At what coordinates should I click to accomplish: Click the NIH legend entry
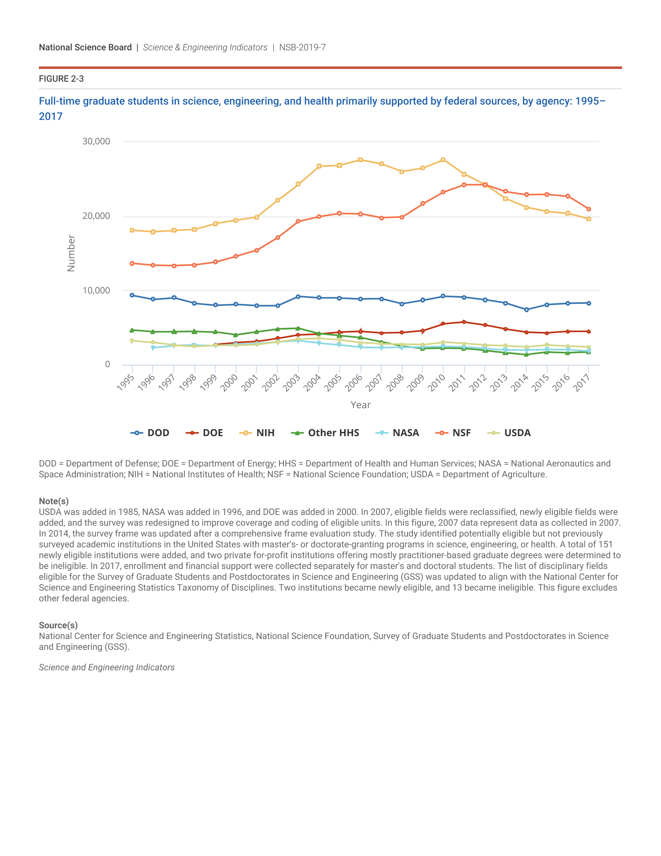(257, 433)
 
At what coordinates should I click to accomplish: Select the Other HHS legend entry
(325, 433)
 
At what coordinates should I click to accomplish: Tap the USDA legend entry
(509, 433)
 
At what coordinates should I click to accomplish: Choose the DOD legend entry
(150, 433)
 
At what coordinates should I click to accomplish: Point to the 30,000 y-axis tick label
(96, 142)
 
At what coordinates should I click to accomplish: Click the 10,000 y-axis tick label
(96, 290)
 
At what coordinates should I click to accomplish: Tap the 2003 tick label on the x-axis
(292, 382)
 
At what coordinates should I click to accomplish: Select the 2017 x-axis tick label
(582, 382)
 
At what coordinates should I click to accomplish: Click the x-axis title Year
(360, 405)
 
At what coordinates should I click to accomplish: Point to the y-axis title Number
(71, 253)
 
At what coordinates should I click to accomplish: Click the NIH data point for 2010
(443, 160)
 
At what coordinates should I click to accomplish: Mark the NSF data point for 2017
(589, 209)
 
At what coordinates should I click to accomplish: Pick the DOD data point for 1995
(132, 295)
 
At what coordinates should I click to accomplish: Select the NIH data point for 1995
(132, 230)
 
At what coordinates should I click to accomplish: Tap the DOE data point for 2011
(464, 322)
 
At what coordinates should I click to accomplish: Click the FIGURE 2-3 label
(61, 79)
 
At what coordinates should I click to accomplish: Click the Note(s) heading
(54, 501)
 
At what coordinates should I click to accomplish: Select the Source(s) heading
(58, 625)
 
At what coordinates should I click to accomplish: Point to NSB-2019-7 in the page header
(302, 47)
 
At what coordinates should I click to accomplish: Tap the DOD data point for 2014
(526, 310)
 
